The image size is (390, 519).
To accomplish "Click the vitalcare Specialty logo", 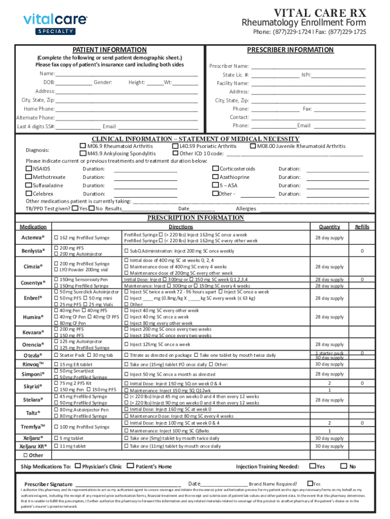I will [x=55, y=23].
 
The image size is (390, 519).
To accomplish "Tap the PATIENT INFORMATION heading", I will [x=109, y=50].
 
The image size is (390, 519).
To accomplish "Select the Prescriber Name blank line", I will [x=308, y=66].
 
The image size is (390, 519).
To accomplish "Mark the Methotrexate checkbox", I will [x=29, y=177].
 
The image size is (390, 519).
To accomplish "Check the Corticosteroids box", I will [x=215, y=169].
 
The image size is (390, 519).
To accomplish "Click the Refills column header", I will [x=362, y=227].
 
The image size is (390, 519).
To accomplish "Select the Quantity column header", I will [x=329, y=227].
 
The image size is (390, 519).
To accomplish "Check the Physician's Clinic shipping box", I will [x=77, y=466].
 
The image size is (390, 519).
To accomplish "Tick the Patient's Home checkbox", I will [x=131, y=466].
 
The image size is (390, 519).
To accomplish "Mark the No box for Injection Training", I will [x=343, y=466].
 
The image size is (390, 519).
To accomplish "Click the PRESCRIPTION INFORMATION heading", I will [x=195, y=218].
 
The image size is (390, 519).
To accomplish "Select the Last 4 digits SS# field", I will [x=78, y=126].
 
